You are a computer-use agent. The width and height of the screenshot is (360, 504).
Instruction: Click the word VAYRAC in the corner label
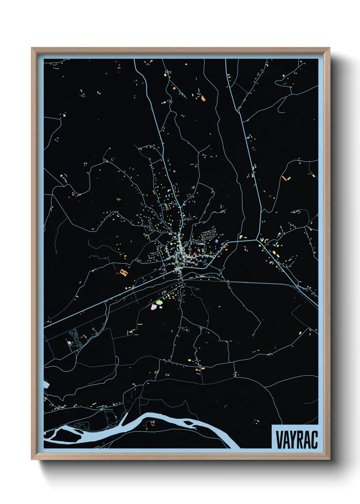pyautogui.click(x=296, y=439)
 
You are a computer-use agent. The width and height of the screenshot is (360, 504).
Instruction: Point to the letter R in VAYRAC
pyautogui.click(x=303, y=439)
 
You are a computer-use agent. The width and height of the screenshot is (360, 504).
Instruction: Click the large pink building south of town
pyautogui.click(x=153, y=307)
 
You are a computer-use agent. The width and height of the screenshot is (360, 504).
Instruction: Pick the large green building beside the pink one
pyautogui.click(x=159, y=302)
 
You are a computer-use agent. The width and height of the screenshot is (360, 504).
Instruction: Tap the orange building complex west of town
pyautogui.click(x=123, y=272)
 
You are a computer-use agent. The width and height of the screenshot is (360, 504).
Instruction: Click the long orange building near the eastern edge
pyautogui.click(x=284, y=178)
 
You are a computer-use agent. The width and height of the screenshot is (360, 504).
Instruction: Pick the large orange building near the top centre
pyautogui.click(x=203, y=98)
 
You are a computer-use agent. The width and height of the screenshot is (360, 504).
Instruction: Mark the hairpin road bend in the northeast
pyautogui.click(x=280, y=108)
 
